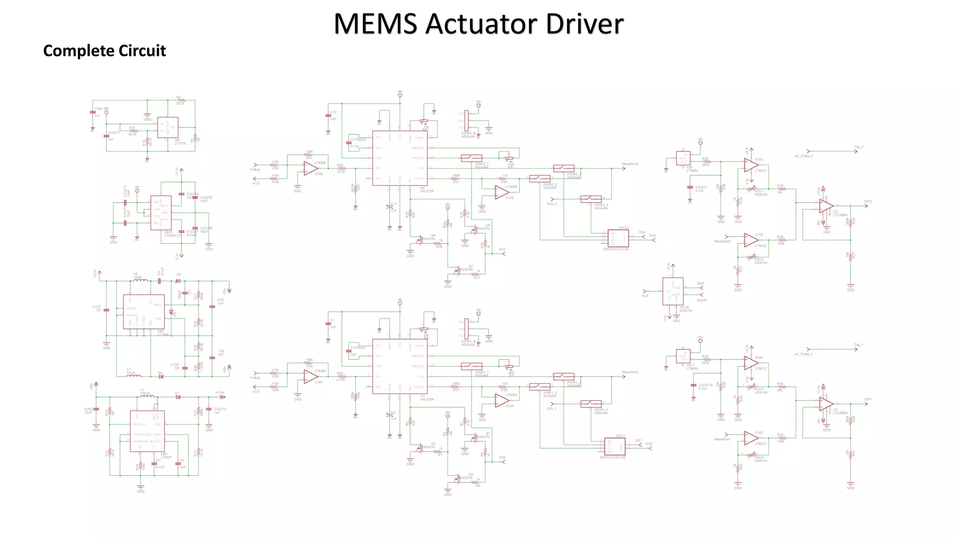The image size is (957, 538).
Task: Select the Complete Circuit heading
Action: [104, 50]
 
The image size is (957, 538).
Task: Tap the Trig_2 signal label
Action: [858, 147]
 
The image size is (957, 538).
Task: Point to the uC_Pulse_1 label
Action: [803, 354]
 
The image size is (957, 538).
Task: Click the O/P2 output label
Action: [868, 201]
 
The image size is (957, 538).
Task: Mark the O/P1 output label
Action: [868, 399]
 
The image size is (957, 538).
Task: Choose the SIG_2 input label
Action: [552, 204]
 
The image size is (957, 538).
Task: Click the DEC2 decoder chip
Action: [618, 239]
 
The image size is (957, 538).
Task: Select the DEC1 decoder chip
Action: [615, 447]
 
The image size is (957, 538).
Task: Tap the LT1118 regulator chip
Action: [167, 127]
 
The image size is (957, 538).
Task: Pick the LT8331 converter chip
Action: [147, 431]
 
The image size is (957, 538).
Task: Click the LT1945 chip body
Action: [144, 311]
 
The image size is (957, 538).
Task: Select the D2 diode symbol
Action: [178, 281]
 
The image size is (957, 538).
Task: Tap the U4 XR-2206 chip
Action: [400, 158]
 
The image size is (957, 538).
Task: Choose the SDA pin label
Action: [700, 283]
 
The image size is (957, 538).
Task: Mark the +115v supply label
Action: [219, 393]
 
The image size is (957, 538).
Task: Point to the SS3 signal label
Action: [502, 249]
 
